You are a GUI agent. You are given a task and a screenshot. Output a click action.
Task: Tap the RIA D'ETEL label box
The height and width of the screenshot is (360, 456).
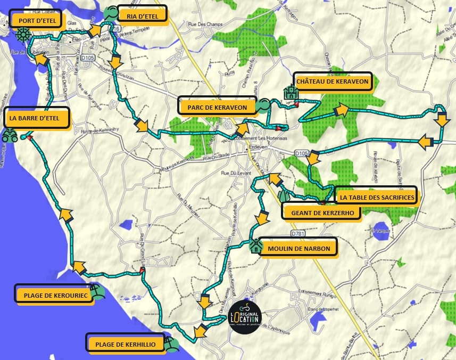click(142, 15)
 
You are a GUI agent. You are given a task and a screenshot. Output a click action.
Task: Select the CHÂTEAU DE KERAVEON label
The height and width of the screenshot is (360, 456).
click(332, 81)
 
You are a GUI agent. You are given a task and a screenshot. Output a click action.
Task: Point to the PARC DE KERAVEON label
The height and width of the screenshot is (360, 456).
click(217, 107)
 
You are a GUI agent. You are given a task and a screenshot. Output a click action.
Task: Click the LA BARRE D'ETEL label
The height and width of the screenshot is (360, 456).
click(37, 118)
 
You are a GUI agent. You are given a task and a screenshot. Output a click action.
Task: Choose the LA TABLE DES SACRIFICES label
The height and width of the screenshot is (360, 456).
click(376, 197)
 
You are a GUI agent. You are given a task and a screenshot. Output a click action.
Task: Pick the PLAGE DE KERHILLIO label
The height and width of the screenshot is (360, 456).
click(125, 344)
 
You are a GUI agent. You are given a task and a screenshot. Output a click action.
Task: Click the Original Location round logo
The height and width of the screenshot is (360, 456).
click(245, 316)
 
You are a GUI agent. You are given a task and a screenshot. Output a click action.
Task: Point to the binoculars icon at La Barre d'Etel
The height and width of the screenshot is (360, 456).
click(10, 136)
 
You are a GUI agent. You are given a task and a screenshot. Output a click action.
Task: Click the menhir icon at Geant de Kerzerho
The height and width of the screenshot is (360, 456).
click(284, 195)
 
